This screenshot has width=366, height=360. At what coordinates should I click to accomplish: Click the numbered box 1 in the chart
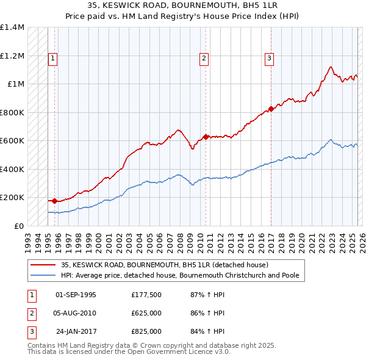click(53, 59)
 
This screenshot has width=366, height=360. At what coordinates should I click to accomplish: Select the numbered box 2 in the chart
click(204, 59)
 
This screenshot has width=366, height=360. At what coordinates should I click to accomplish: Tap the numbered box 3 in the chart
click(269, 59)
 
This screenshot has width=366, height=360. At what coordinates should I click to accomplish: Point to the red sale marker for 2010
click(206, 137)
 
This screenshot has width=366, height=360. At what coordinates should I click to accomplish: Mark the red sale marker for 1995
click(54, 200)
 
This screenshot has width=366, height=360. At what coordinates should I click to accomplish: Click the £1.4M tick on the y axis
click(12, 27)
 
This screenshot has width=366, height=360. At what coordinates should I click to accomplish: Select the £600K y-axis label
click(12, 141)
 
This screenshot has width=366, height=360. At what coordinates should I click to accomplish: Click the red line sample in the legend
click(43, 265)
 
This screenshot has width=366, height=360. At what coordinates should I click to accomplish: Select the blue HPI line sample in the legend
click(43, 275)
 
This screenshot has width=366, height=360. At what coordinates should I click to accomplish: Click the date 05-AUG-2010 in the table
click(76, 313)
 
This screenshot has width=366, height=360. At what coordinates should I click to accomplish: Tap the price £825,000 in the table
click(146, 331)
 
